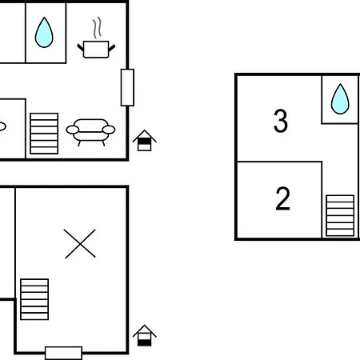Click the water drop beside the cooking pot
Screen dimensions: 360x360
pos(44,33)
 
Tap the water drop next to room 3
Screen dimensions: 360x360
pos(340,99)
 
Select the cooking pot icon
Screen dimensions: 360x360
pos(96,50)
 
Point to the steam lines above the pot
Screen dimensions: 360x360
pos(98,28)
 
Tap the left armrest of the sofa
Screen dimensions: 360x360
pos(73,130)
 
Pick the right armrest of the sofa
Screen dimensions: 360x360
pos(109,130)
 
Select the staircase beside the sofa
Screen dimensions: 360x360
pos(44,134)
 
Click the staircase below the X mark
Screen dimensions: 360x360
pos(34,299)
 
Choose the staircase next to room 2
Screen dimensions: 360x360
pos(340,215)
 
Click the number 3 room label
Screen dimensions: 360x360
pos(281,121)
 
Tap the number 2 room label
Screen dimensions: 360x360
pos(282,198)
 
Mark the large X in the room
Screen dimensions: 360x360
pos(80,243)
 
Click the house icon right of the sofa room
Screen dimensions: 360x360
pos(144,141)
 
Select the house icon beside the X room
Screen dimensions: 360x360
pos(144,335)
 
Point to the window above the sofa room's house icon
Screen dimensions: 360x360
pos(127,87)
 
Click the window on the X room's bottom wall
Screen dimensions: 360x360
pos(63,353)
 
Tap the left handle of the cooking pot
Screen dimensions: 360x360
pos(80,48)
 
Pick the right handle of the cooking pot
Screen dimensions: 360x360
pos(112,48)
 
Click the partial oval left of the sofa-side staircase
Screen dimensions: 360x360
pos(2,126)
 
